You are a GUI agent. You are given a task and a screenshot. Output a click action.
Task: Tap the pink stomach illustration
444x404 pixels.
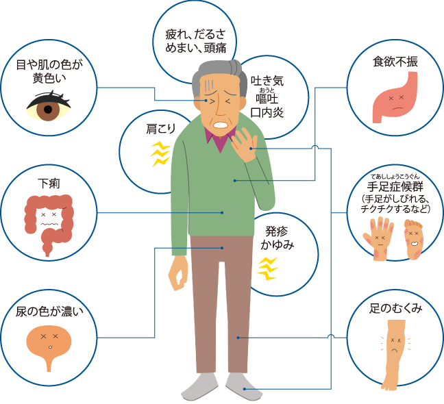(394, 100)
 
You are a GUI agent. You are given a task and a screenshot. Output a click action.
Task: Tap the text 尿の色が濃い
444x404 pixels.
(49, 312)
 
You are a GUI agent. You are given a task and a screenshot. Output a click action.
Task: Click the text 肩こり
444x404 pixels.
(160, 128)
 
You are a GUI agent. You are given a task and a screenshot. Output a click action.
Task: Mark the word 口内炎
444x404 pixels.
(267, 112)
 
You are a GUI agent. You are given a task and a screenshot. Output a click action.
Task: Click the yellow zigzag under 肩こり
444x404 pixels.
(160, 155)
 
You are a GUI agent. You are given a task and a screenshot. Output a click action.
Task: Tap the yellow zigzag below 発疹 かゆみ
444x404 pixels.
(267, 268)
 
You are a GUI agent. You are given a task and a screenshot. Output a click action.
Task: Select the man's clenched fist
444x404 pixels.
(179, 274)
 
